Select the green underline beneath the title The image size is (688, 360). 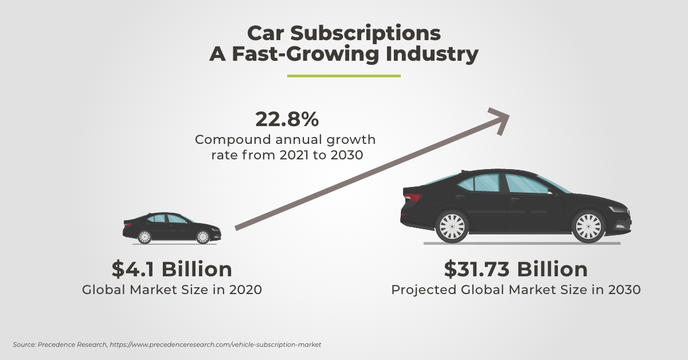click(343, 76)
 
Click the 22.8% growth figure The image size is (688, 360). click(286, 120)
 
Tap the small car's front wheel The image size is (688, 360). click(202, 236)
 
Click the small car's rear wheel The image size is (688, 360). click(144, 236)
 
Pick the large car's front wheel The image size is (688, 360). click(588, 225)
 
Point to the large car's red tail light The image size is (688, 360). click(413, 198)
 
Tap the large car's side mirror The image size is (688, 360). click(551, 192)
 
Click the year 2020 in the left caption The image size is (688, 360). click(245, 289)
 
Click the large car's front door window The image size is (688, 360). click(524, 183)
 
